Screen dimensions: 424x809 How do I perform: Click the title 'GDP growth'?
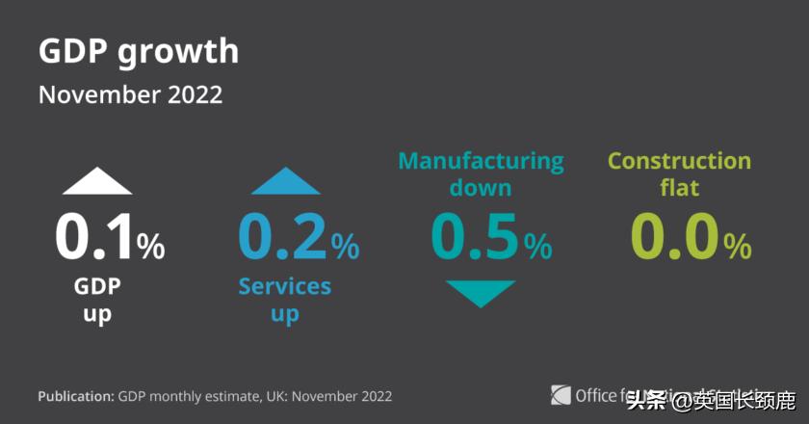click(138, 52)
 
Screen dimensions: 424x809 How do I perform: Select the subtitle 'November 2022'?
click(130, 95)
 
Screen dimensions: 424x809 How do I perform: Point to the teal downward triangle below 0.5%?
click(481, 293)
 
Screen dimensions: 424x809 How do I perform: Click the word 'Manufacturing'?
click(481, 160)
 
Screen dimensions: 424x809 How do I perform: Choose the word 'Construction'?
click(679, 160)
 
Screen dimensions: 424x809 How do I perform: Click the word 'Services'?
click(284, 286)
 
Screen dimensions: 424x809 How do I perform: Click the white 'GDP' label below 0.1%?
click(97, 286)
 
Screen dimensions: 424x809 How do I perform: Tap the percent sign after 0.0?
click(738, 248)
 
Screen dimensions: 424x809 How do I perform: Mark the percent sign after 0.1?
click(151, 248)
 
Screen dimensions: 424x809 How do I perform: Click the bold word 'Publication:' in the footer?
click(76, 396)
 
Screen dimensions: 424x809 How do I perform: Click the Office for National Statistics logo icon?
click(561, 395)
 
